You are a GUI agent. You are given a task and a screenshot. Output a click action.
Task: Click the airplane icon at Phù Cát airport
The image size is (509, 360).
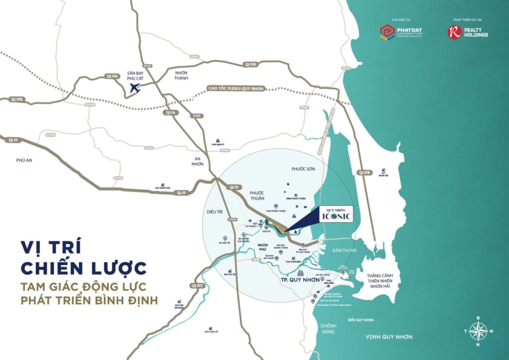[x=135, y=89]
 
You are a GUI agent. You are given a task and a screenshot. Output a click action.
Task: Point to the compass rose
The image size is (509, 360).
[x=478, y=330]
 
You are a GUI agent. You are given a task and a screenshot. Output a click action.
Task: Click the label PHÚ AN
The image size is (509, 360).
[x=24, y=160]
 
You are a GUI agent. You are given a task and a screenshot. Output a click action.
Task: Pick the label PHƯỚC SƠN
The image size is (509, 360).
[x=303, y=169]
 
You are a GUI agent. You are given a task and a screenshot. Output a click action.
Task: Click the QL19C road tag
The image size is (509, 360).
[x=197, y=285]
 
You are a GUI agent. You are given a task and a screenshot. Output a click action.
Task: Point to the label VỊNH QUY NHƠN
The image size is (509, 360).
[x=389, y=337]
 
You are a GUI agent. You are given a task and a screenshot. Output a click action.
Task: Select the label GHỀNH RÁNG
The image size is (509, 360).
[x=327, y=328]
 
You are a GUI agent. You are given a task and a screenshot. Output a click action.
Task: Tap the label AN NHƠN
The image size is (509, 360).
[x=198, y=161]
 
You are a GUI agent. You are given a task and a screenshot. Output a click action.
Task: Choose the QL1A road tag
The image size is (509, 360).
[x=170, y=113]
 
